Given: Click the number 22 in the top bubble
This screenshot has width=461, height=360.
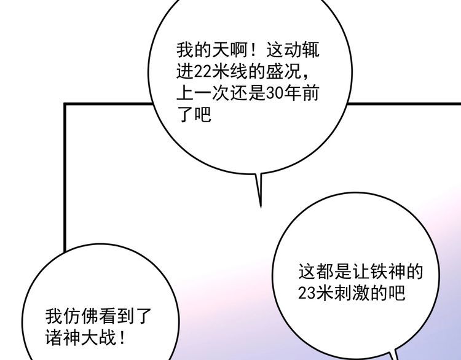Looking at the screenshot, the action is pyautogui.click(x=203, y=72).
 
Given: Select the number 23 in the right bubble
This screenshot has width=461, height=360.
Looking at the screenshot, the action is pyautogui.click(x=307, y=292).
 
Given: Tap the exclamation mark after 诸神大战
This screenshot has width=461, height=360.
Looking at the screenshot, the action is pyautogui.click(x=122, y=338).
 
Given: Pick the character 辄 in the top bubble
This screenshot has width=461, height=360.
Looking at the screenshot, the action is pyautogui.click(x=310, y=50).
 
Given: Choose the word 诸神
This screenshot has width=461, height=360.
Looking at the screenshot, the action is pyautogui.click(x=63, y=338).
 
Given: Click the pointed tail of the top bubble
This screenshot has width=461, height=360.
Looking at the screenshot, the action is pyautogui.click(x=261, y=207).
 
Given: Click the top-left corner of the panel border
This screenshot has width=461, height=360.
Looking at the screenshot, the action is pyautogui.click(x=65, y=104).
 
